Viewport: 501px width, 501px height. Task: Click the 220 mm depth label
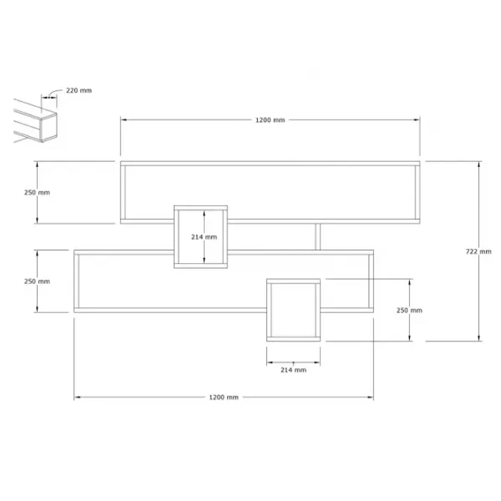79,90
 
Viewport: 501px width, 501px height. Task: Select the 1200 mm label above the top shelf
270,120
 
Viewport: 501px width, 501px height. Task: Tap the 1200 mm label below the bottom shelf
224,397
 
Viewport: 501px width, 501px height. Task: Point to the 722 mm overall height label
478,251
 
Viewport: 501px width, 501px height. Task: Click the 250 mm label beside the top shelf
37,192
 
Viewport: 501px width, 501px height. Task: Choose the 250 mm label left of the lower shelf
37,281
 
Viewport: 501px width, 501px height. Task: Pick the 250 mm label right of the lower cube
409,311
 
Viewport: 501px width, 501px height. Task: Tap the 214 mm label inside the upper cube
205,237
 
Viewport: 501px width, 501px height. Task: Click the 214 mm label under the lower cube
293,370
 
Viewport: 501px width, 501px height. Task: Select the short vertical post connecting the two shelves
317,237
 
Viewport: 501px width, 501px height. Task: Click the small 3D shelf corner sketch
35,121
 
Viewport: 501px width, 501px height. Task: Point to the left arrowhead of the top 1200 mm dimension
124,119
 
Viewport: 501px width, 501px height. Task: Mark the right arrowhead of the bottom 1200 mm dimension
370,397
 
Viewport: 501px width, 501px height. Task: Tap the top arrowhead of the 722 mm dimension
478,164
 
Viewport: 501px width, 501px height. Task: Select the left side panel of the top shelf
123,192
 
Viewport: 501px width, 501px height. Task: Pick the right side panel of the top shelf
417,192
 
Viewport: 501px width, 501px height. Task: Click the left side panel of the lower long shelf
77,281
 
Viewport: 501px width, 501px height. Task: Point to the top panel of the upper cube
200,208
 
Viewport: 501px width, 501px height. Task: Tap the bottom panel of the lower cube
293,339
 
